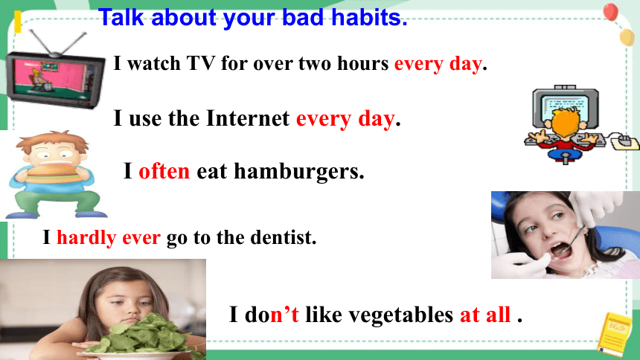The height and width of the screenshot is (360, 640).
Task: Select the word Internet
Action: click(248, 119)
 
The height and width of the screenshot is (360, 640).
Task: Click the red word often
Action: click(164, 171)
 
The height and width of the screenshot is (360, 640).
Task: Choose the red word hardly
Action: click(86, 238)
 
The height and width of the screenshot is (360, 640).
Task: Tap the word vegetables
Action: click(401, 315)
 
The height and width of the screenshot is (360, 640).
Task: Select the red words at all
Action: click(485, 315)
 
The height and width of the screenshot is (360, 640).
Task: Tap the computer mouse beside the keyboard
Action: click(624, 143)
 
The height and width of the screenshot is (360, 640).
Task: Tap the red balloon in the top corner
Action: click(611, 11)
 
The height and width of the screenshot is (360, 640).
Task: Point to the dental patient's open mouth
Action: click(561, 249)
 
